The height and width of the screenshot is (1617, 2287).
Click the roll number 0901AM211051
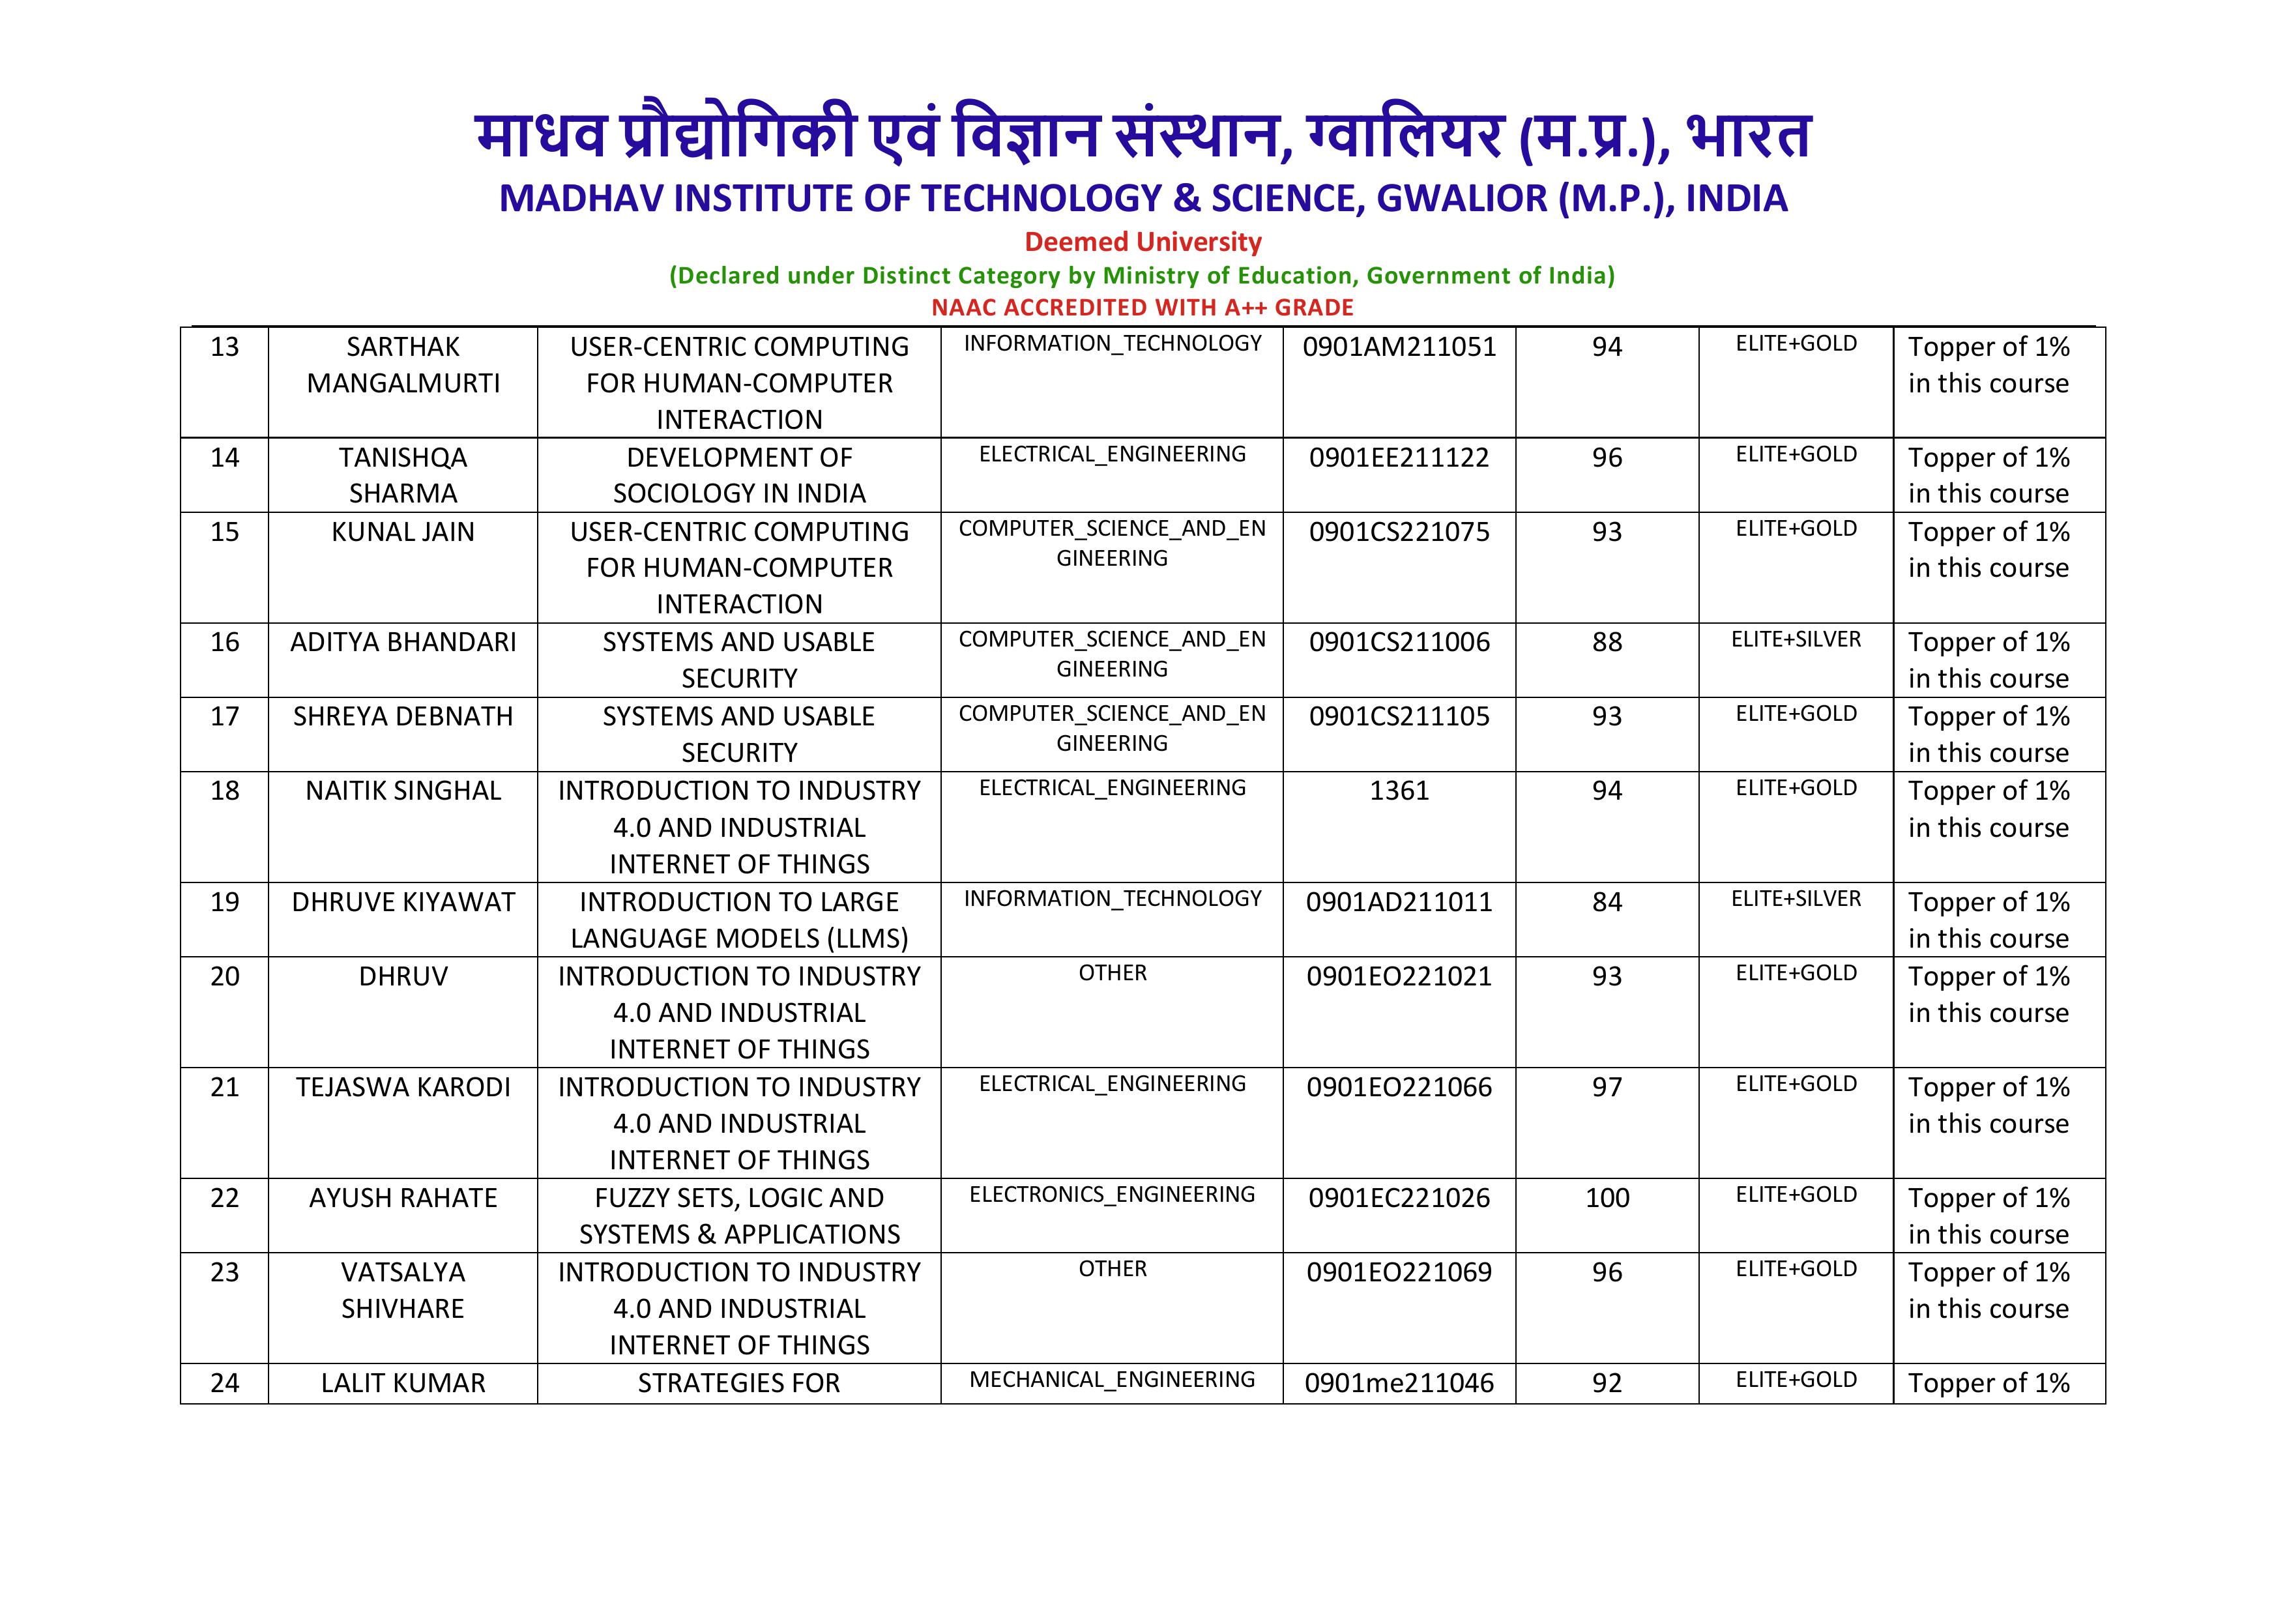pos(1399,347)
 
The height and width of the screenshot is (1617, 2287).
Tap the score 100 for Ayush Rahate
pos(1607,1197)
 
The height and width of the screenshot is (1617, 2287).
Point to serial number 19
pos(224,901)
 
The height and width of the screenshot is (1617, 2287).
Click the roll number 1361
pos(1399,791)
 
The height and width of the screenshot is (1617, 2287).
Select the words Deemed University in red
pos(1143,242)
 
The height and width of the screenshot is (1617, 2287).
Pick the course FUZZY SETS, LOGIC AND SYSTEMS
pos(739,1216)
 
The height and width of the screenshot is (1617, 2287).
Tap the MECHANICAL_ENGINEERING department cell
pos(1112,1380)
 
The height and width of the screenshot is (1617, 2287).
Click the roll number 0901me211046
pos(1399,1383)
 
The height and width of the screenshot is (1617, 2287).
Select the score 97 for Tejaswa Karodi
pos(1607,1087)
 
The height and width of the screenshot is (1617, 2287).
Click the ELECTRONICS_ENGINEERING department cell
pos(1112,1195)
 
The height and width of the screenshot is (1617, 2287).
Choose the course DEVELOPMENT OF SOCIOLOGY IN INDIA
pos(739,475)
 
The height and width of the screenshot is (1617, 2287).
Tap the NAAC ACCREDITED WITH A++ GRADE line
pos(1143,308)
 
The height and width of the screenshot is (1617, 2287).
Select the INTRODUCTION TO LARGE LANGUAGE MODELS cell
pos(739,920)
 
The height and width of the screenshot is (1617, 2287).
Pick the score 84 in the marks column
pos(1607,901)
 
